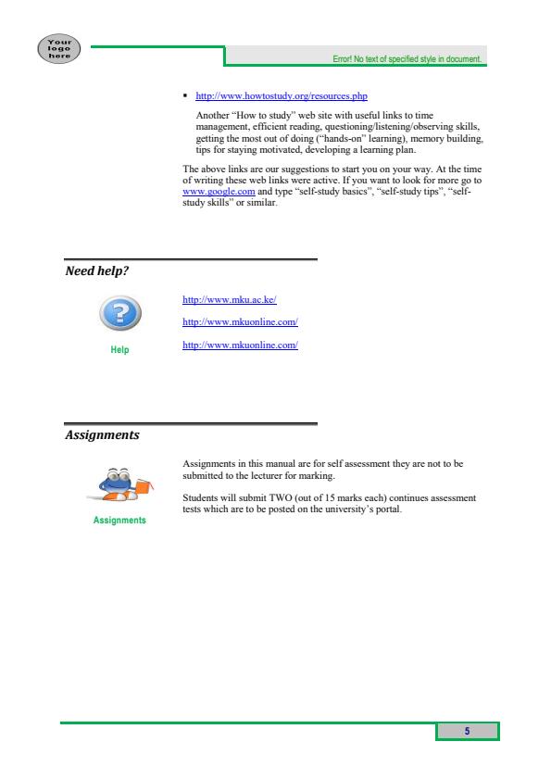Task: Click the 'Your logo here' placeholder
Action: (59, 47)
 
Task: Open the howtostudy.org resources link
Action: (282, 95)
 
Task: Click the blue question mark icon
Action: (119, 318)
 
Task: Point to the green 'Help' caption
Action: (119, 349)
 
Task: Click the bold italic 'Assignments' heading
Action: (102, 434)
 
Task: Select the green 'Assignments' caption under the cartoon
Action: (119, 521)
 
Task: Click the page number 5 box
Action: (468, 731)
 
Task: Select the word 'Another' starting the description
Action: (211, 114)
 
